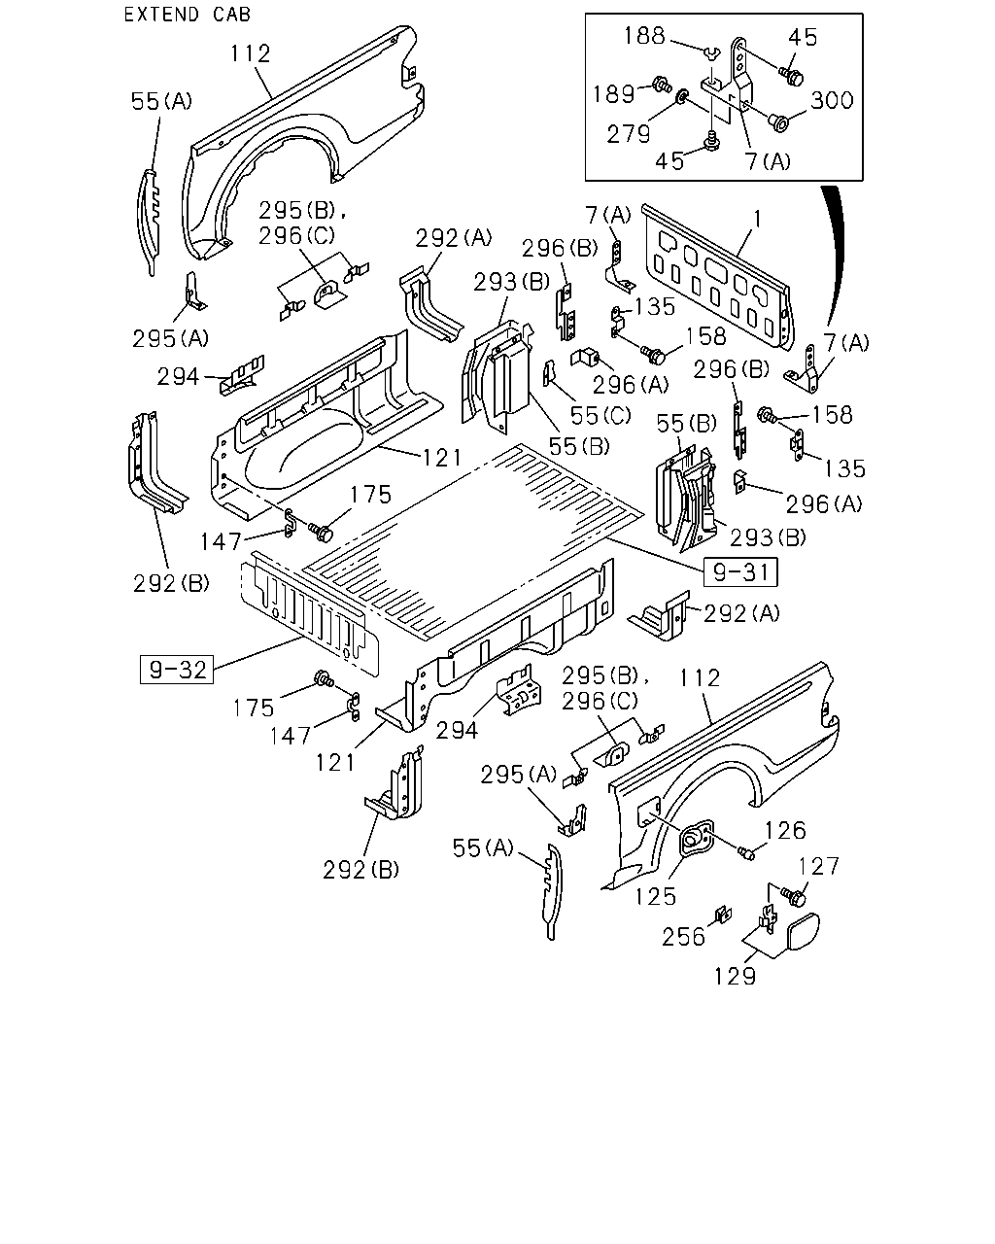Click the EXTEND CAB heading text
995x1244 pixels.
tap(188, 15)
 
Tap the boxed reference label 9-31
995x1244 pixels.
tap(740, 571)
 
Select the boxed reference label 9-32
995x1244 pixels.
tap(177, 670)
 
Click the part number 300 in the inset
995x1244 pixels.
tap(832, 100)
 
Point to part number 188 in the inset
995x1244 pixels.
tap(644, 36)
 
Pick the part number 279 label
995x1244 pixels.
tap(629, 135)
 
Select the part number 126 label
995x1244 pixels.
tap(785, 831)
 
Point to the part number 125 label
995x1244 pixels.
tap(656, 897)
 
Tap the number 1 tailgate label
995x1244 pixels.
tap(757, 219)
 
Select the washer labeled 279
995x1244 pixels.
tap(682, 95)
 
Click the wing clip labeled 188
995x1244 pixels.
tap(712, 53)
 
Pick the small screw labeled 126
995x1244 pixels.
tap(746, 852)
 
